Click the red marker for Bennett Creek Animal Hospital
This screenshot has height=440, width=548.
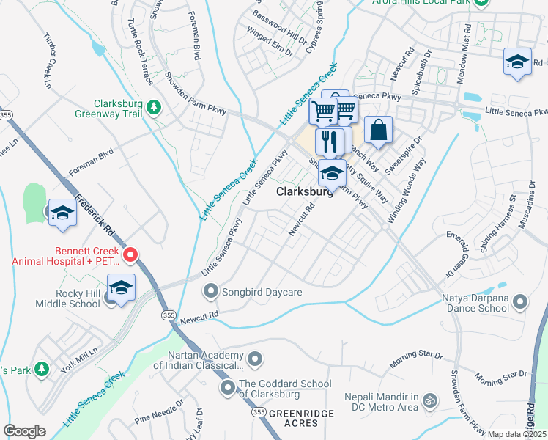pos(131,255)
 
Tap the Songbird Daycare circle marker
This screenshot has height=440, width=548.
pos(212,292)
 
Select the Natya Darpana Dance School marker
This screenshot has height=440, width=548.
pos(520,302)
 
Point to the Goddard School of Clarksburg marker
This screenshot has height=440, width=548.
pos(228,386)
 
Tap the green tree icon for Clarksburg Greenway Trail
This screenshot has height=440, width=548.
pos(153,108)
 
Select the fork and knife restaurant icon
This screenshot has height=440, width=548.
pos(329,140)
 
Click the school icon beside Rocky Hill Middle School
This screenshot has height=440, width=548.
pos(120,287)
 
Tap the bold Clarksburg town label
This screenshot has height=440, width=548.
pos(304,191)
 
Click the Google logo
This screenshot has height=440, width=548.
pos(24,431)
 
